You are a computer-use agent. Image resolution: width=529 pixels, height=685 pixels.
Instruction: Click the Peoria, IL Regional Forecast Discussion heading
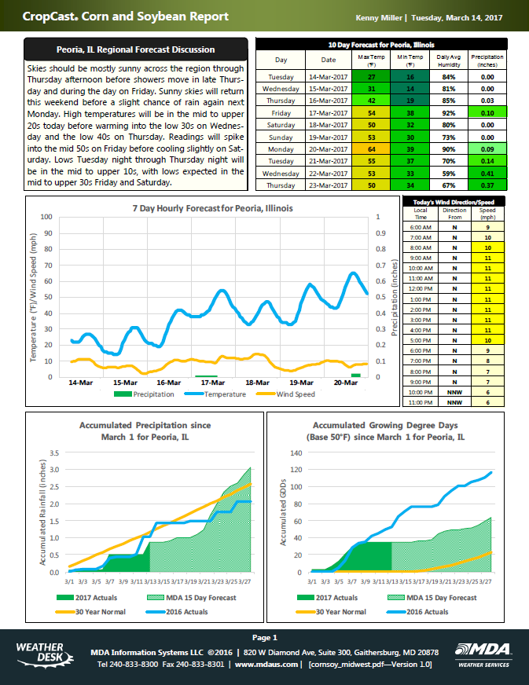[136, 49]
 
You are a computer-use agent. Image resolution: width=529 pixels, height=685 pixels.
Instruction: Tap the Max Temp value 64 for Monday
[372, 148]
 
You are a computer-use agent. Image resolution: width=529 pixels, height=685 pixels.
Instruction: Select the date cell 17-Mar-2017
[329, 113]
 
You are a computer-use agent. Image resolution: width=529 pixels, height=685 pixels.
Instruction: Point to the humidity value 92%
[449, 113]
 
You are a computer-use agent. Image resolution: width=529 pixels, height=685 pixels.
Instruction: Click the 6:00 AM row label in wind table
[420, 227]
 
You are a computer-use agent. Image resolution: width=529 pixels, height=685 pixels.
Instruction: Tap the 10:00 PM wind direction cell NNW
[454, 390]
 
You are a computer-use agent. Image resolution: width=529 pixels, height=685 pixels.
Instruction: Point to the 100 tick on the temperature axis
[46, 217]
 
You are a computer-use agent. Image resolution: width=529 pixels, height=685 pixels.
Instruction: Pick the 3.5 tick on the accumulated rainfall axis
[54, 453]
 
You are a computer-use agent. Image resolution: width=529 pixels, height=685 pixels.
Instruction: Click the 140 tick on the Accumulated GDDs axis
[297, 453]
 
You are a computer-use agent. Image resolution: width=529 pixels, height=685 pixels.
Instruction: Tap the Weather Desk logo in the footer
[41, 651]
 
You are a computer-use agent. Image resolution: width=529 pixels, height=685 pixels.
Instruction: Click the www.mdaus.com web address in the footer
[267, 664]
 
